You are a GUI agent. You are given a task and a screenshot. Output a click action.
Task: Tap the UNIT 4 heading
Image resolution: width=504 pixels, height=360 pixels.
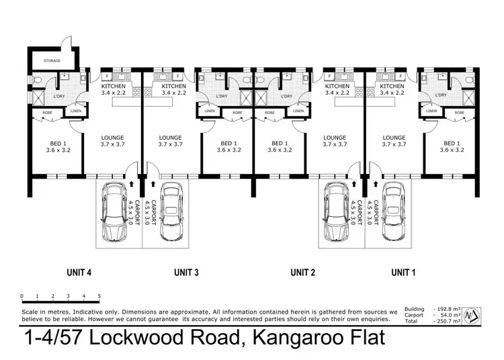click(x=79, y=272)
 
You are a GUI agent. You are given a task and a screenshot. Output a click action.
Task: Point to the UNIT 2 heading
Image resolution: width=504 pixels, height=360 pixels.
click(x=302, y=272)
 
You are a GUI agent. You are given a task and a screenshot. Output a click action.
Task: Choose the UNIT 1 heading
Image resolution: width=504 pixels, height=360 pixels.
click(x=405, y=272)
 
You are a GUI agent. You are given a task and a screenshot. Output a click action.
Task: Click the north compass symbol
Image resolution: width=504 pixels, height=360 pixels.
click(x=473, y=314)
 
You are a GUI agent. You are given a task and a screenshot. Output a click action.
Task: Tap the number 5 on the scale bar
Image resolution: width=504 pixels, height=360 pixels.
click(x=99, y=296)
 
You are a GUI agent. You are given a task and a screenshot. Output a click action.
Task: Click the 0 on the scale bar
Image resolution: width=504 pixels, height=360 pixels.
click(x=22, y=296)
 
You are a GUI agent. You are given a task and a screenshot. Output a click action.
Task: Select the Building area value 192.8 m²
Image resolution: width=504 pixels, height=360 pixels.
click(x=445, y=309)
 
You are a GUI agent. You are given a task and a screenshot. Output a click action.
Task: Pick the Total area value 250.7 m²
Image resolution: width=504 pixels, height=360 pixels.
click(x=445, y=322)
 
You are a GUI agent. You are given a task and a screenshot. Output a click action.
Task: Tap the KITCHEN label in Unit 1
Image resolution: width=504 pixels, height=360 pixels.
click(x=392, y=86)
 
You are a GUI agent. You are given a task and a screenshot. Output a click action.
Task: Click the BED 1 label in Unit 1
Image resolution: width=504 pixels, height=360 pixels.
click(x=452, y=143)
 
